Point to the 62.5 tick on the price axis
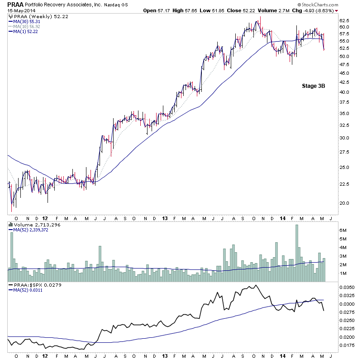pyautogui.click(x=345, y=20)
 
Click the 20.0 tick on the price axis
pyautogui.click(x=345, y=203)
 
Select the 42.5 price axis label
pyautogui.click(x=345, y=82)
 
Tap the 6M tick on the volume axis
pyautogui.click(x=343, y=230)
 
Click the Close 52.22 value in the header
pyautogui.click(x=237, y=10)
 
